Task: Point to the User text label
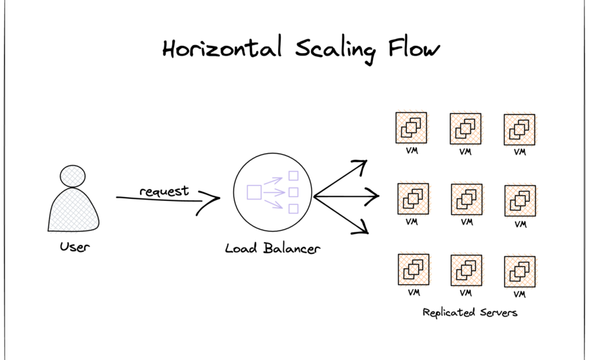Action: (x=74, y=247)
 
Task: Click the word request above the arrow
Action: (x=164, y=191)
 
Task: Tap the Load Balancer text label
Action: (x=272, y=248)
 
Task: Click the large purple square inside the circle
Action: (x=254, y=192)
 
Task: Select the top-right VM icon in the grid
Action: (x=520, y=130)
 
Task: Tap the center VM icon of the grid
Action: (x=467, y=199)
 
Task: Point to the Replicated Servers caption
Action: (x=470, y=312)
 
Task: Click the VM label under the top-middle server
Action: (x=466, y=152)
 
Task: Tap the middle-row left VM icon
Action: (x=413, y=199)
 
